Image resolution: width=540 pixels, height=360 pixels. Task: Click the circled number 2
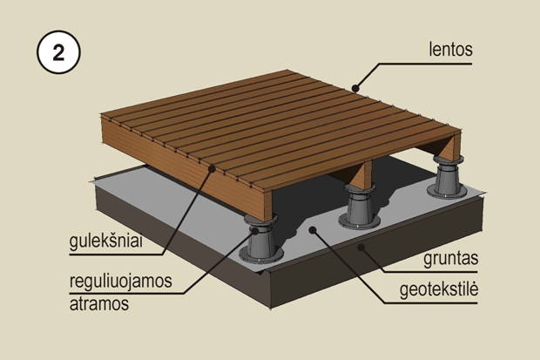(x=58, y=52)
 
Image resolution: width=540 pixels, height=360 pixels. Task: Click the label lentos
(x=450, y=49)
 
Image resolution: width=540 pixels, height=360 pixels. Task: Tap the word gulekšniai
(x=105, y=241)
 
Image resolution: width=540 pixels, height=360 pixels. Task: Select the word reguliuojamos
(x=120, y=281)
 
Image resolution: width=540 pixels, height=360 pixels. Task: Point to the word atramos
(x=99, y=304)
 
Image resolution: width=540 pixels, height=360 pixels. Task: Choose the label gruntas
(x=450, y=258)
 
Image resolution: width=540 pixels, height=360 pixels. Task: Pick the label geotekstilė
(x=439, y=289)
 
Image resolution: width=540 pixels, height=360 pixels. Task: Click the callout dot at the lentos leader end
(x=355, y=88)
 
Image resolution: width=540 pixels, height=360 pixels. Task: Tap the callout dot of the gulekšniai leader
(x=213, y=168)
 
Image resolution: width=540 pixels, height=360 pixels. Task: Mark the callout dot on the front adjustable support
(x=255, y=231)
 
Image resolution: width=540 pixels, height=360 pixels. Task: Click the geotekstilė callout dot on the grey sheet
(x=313, y=230)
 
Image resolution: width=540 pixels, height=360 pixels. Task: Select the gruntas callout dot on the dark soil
(x=361, y=248)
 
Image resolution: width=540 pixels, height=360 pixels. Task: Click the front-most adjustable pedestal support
(x=260, y=239)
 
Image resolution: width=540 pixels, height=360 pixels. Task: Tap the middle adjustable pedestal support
(x=359, y=207)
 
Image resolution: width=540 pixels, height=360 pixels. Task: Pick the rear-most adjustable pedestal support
(x=448, y=177)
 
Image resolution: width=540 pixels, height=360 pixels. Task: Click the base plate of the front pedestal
(x=260, y=256)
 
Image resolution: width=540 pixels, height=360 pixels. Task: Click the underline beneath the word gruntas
(x=429, y=273)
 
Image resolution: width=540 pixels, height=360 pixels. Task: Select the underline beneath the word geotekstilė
(x=431, y=303)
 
